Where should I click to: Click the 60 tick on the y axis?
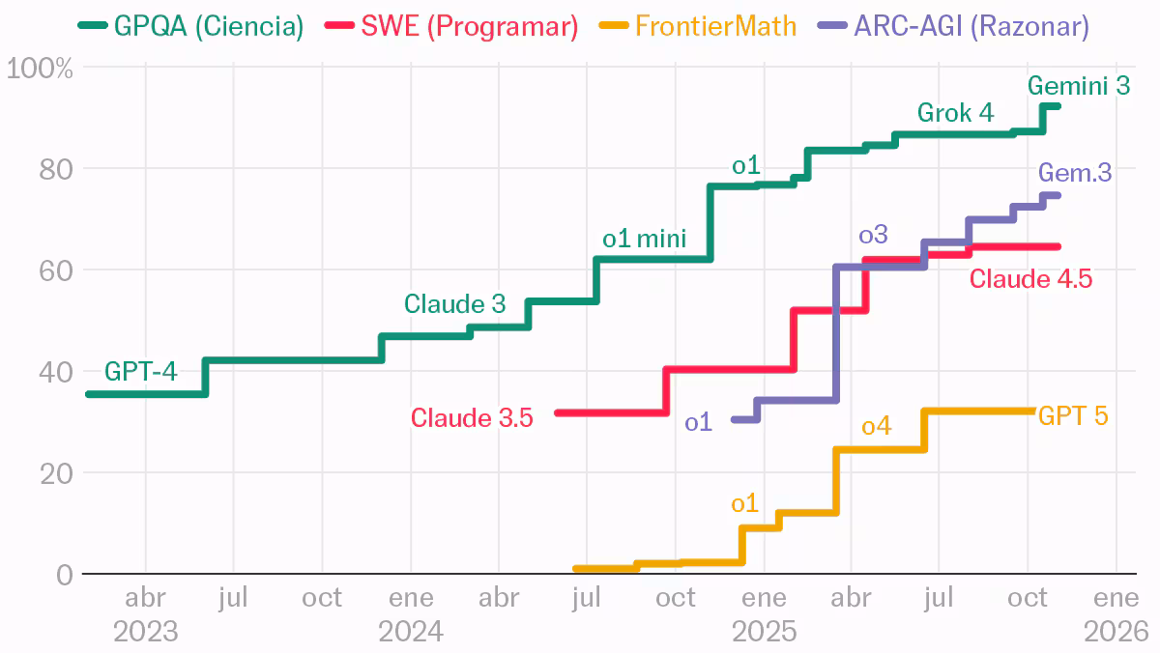58,270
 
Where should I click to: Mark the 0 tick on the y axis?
65,575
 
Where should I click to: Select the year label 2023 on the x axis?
146,632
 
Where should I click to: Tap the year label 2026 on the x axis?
1116,632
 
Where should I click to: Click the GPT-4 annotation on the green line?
141,371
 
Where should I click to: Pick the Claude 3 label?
454,303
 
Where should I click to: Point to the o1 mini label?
644,239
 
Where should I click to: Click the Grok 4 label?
955,113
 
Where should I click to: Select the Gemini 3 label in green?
1078,85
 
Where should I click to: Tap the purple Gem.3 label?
1075,173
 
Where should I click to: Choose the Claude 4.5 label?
1030,279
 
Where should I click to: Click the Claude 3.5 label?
472,418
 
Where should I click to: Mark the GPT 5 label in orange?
1073,416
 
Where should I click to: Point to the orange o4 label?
876,425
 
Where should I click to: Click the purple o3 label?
873,235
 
